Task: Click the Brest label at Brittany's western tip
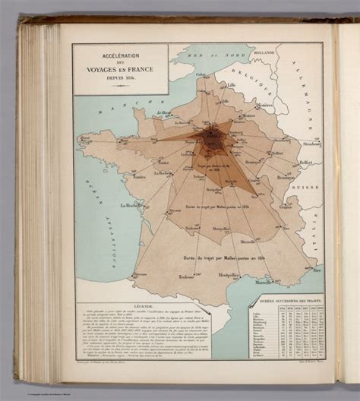pos(85,138)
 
